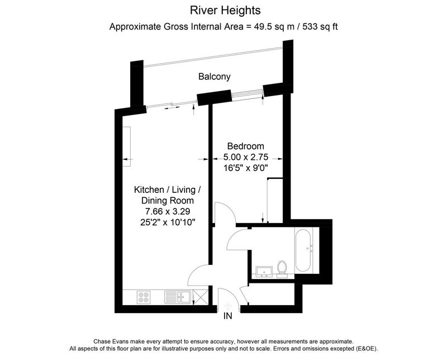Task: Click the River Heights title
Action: pyautogui.click(x=225, y=11)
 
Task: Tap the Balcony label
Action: pyautogui.click(x=215, y=77)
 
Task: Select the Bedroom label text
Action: pyautogui.click(x=246, y=146)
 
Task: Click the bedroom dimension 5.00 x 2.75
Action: pyautogui.click(x=246, y=157)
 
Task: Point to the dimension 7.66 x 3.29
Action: pyautogui.click(x=168, y=211)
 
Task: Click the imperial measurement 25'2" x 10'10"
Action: pyautogui.click(x=168, y=222)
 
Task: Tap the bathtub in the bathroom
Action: pyautogui.click(x=303, y=250)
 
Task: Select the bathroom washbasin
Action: pyautogui.click(x=264, y=272)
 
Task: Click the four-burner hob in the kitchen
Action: pyautogui.click(x=144, y=297)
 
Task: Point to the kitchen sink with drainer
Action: pyautogui.click(x=177, y=297)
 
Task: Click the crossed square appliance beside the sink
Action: pyautogui.click(x=201, y=297)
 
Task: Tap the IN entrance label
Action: pyautogui.click(x=228, y=316)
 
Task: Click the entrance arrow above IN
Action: pyautogui.click(x=228, y=306)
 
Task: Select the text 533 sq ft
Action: pyautogui.click(x=320, y=27)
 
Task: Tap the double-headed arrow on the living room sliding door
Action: pyautogui.click(x=172, y=108)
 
